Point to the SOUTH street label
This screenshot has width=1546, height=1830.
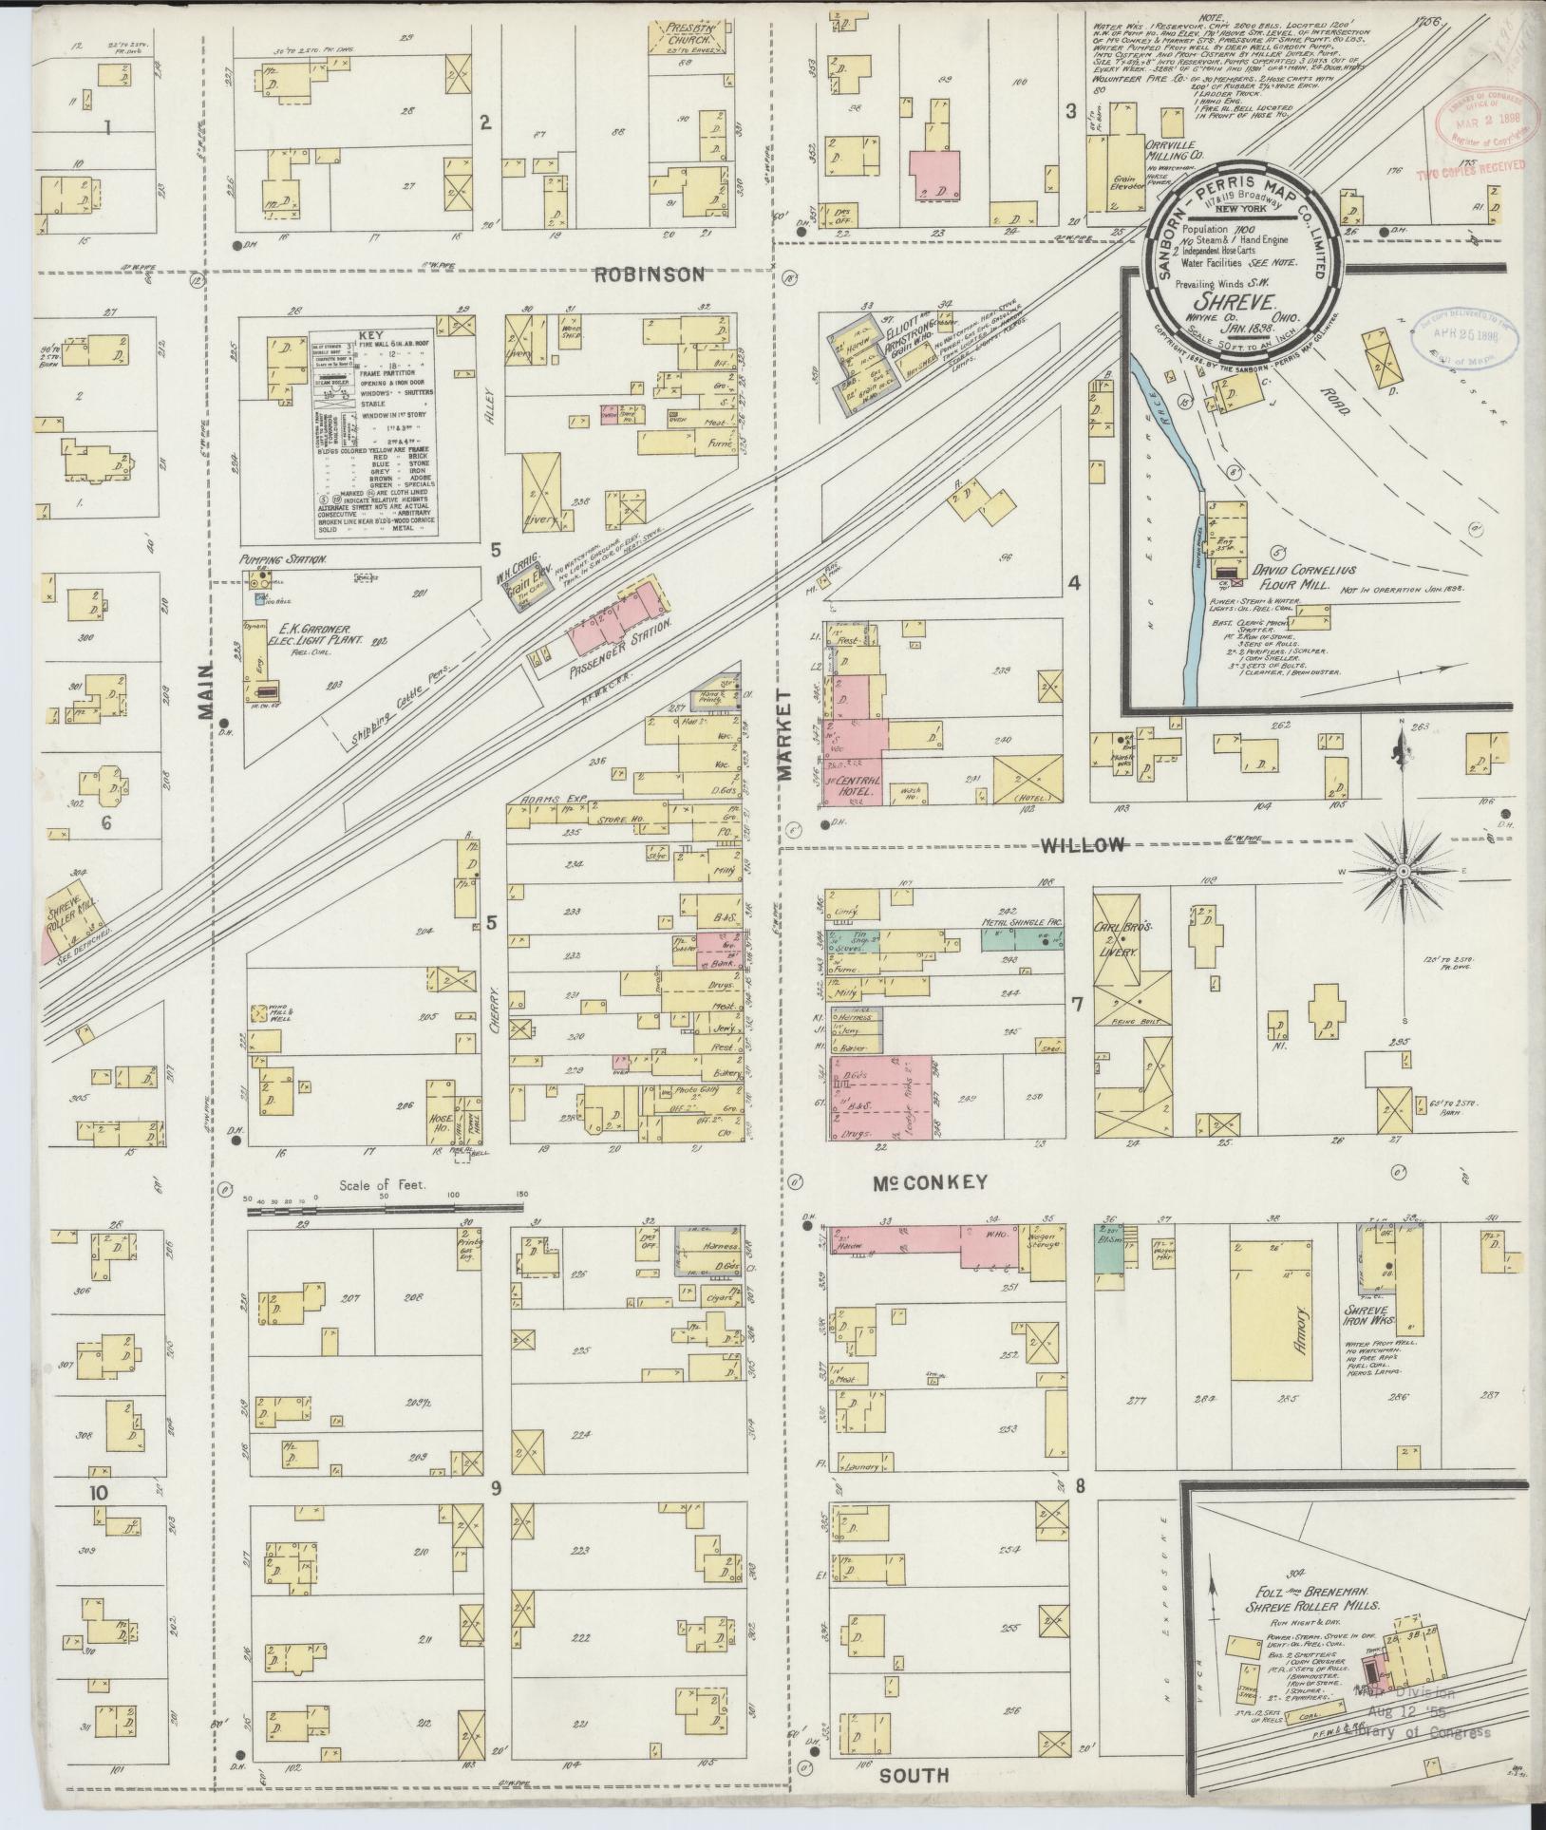pyautogui.click(x=913, y=1776)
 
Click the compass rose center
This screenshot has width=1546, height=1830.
pyautogui.click(x=1402, y=871)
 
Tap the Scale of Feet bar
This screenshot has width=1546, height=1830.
pyautogui.click(x=380, y=1206)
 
